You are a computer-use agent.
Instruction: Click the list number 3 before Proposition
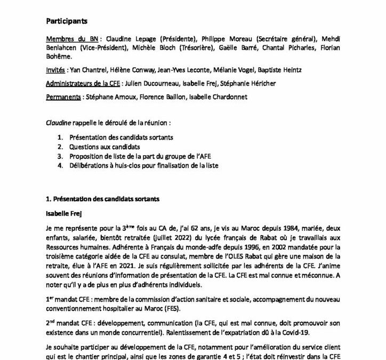tap(60, 156)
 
